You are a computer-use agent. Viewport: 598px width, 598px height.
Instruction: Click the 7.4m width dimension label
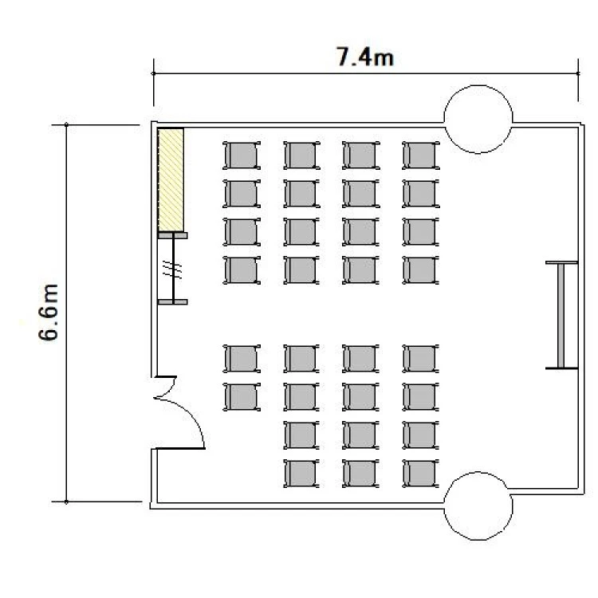click(365, 57)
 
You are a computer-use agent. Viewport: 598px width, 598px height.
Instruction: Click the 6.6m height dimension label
click(49, 312)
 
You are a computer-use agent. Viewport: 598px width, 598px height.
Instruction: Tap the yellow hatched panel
click(171, 179)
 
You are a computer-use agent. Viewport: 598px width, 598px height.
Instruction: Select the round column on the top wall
click(478, 119)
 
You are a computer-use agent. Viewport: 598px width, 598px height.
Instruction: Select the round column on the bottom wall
click(478, 506)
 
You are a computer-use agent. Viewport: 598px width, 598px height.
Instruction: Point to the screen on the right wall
click(561, 316)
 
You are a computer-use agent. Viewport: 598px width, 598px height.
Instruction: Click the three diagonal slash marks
click(172, 269)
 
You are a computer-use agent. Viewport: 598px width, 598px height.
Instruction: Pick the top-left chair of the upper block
click(242, 155)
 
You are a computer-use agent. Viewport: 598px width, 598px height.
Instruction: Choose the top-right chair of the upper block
click(421, 155)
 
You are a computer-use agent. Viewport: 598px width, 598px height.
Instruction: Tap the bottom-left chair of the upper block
click(242, 270)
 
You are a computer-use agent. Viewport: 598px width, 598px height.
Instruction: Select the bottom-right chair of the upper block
click(421, 270)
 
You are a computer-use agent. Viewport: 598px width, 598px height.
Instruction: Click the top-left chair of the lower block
click(242, 359)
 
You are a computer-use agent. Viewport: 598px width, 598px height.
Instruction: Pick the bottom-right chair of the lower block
click(421, 474)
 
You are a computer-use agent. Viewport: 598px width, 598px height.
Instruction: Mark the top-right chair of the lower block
click(421, 359)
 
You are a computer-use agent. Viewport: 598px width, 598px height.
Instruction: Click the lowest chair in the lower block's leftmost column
click(242, 397)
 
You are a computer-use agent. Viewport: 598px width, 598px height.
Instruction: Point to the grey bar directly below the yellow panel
click(173, 236)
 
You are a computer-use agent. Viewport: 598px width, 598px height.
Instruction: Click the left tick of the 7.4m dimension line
click(154, 73)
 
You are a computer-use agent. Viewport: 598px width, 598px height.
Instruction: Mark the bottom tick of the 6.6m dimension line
click(66, 502)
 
